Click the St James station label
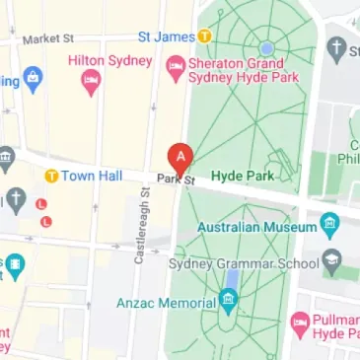tap(166, 37)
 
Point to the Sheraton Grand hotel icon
tap(175, 66)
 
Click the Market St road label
tap(49, 39)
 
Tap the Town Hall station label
tap(91, 176)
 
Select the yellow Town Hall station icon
tap(51, 176)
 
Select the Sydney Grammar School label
tap(258, 262)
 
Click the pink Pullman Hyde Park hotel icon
tap(300, 324)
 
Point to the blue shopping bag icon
tap(33, 76)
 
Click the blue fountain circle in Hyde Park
tap(266, 47)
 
